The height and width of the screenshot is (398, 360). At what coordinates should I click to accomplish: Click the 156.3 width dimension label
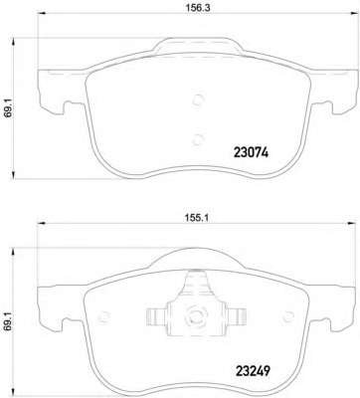pyautogui.click(x=198, y=8)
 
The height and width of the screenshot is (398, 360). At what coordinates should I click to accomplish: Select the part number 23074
pyautogui.click(x=251, y=152)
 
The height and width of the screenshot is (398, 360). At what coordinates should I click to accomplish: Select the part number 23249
pyautogui.click(x=253, y=370)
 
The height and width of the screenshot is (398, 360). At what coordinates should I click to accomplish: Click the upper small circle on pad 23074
pyautogui.click(x=198, y=99)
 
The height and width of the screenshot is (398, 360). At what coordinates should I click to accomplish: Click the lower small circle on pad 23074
pyautogui.click(x=198, y=139)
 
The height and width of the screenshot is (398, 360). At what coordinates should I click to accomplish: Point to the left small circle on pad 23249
pyautogui.click(x=104, y=316)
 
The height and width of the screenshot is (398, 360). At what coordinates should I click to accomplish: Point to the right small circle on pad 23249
pyautogui.click(x=287, y=316)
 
